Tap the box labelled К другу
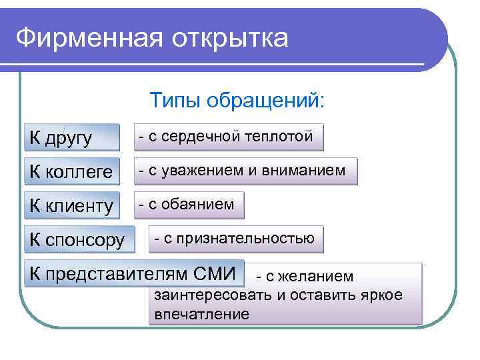point(71,137)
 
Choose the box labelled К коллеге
point(71,171)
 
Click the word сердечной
point(200,137)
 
